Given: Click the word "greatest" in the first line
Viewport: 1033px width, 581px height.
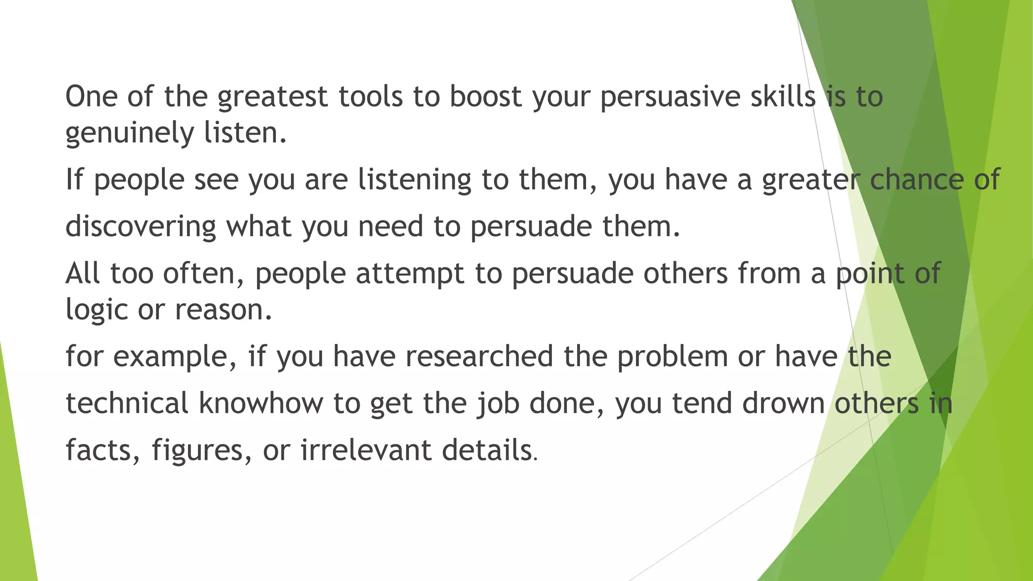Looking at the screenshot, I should click(x=272, y=97).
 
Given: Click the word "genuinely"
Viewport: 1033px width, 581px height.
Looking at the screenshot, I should click(x=130, y=133).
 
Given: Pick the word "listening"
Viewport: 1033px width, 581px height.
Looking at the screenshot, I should click(x=415, y=180).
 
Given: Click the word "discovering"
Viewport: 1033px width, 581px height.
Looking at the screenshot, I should click(x=141, y=226).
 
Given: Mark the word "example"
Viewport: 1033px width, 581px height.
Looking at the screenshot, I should click(x=175, y=357).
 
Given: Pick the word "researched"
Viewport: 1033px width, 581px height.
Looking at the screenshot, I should click(x=479, y=356).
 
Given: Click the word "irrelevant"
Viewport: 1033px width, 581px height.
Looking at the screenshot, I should click(x=366, y=449).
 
